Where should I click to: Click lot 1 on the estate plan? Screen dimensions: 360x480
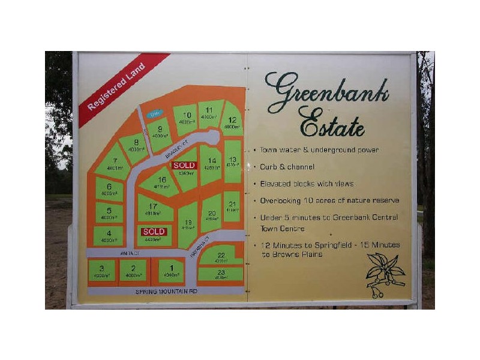172,271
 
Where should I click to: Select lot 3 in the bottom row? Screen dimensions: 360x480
102,271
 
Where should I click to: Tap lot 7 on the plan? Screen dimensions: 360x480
114,163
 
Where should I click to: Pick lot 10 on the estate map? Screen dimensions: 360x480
187,118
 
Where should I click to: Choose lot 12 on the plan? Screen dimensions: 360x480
232,122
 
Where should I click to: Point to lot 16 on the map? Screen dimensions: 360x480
161,182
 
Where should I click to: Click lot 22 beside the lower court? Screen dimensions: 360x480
221,257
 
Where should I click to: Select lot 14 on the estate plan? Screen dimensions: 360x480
211,163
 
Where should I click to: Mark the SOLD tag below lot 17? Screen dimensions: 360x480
154,232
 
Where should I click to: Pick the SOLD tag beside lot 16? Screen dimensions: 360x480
184,165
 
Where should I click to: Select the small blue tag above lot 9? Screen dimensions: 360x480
155,113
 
